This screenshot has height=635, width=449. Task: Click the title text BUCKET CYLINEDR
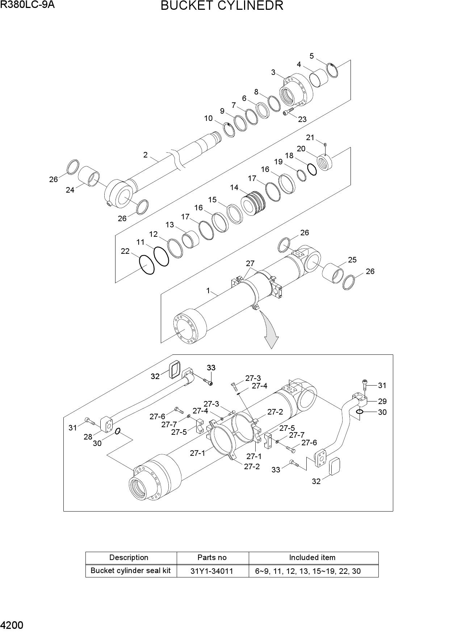(x=222, y=6)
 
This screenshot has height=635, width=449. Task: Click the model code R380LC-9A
(x=27, y=5)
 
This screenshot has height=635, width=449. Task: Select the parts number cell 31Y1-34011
(x=212, y=571)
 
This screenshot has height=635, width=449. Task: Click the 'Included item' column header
(x=312, y=558)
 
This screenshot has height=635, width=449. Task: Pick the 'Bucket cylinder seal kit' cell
(x=130, y=571)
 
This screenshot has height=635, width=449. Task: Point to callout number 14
(x=234, y=188)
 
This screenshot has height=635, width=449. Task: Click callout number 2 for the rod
(x=145, y=155)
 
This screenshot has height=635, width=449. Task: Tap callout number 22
(x=125, y=251)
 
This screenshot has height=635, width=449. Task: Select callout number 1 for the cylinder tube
(x=208, y=290)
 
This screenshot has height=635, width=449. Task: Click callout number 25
(x=352, y=260)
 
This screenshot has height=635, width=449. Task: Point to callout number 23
(x=302, y=119)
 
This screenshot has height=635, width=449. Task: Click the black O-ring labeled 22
(x=147, y=264)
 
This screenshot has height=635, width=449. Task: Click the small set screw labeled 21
(x=325, y=145)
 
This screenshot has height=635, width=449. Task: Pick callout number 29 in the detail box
(x=382, y=401)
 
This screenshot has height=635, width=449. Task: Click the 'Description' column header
(x=129, y=558)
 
